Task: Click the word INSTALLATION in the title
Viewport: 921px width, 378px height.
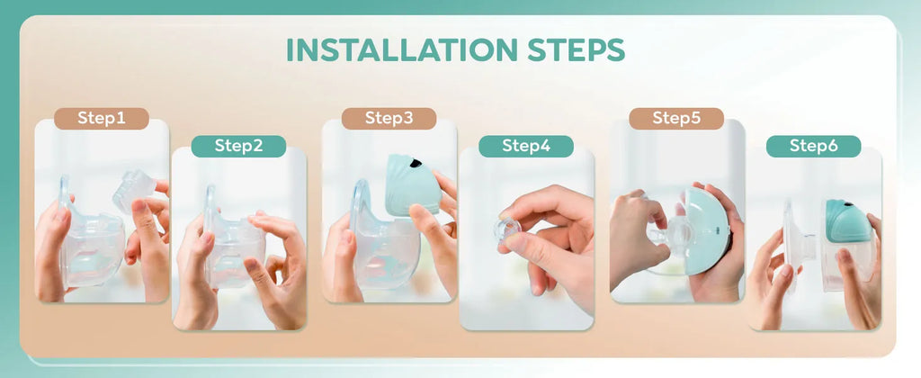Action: pyautogui.click(x=401, y=49)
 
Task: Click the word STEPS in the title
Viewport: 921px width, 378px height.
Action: pyautogui.click(x=573, y=49)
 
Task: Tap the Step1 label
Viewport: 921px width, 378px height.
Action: pyautogui.click(x=101, y=119)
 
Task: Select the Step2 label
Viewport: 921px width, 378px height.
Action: pyautogui.click(x=238, y=146)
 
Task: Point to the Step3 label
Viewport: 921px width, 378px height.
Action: pyautogui.click(x=389, y=119)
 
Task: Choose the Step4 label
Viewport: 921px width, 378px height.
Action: pyautogui.click(x=526, y=146)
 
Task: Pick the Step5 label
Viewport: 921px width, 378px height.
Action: pyautogui.click(x=676, y=119)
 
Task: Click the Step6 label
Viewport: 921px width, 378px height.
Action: pyautogui.click(x=813, y=146)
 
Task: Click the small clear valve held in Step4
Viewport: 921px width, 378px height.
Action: pyautogui.click(x=507, y=229)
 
